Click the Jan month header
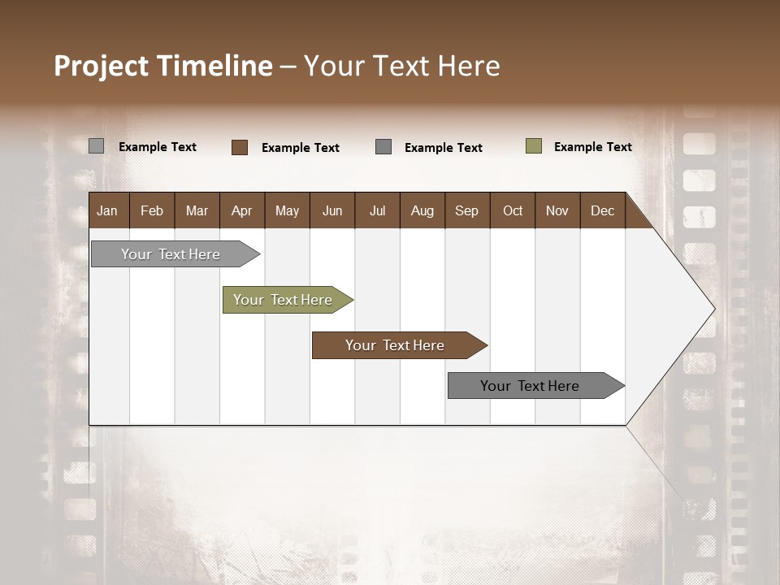(x=107, y=210)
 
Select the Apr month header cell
(x=241, y=210)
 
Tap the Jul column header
(x=377, y=210)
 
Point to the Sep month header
(x=466, y=210)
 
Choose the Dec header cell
(x=602, y=210)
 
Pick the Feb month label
(x=152, y=210)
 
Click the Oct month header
(x=513, y=210)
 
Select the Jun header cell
(x=332, y=210)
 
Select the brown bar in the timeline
(x=398, y=345)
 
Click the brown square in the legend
(x=240, y=147)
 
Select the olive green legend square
(x=534, y=146)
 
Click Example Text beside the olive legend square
(x=592, y=146)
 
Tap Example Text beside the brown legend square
(x=300, y=147)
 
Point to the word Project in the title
(x=102, y=66)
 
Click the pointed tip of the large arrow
(x=713, y=309)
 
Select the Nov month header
(x=557, y=210)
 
